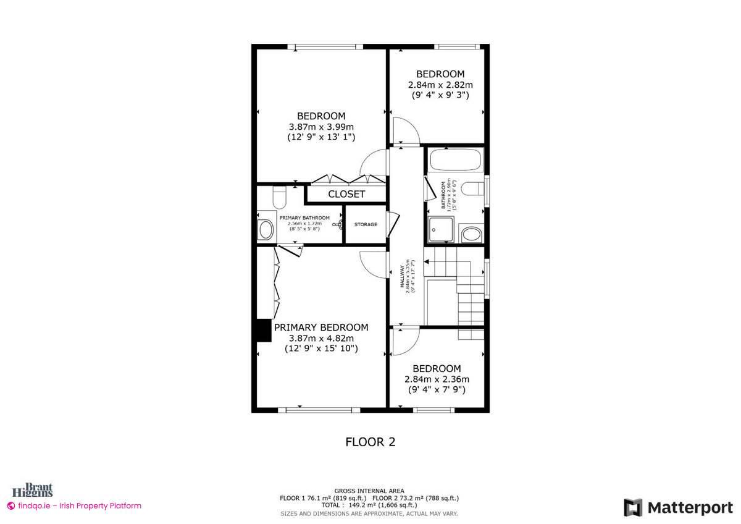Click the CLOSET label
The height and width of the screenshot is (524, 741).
click(x=346, y=194)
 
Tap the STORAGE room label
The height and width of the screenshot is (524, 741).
click(x=366, y=224)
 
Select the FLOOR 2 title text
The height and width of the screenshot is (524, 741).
click(x=370, y=442)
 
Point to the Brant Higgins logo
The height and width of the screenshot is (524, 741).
click(x=38, y=490)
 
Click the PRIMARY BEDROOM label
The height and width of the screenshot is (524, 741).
click(x=321, y=327)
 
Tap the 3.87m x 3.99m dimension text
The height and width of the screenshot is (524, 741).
click(x=321, y=127)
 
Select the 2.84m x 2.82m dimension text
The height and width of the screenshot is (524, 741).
click(x=440, y=85)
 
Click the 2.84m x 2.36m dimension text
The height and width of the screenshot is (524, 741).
click(x=437, y=379)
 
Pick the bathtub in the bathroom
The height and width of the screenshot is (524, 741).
click(x=455, y=160)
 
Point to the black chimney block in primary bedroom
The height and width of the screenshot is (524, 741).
click(x=264, y=329)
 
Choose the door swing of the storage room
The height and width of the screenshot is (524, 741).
click(x=391, y=221)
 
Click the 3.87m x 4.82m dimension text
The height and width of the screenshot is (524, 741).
click(x=321, y=338)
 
